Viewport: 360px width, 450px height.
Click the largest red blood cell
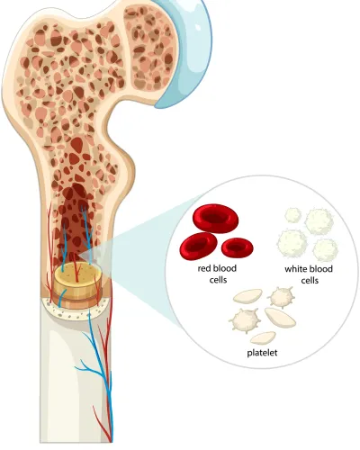pos(215,219)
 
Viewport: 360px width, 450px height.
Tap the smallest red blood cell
pos(237,247)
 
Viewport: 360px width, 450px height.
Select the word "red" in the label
pos(203,268)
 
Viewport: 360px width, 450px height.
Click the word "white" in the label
pos(296,269)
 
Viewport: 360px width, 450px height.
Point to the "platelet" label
pos(262,353)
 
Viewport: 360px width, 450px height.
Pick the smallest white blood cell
pos(292,215)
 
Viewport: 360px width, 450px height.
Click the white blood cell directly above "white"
pos(292,244)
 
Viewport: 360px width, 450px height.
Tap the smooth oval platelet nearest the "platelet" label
pos(263,337)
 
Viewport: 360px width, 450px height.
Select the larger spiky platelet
pos(245,320)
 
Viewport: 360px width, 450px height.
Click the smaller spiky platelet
pos(281,297)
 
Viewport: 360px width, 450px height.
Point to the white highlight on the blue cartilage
pos(197,26)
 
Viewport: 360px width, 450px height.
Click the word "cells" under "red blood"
pos(218,280)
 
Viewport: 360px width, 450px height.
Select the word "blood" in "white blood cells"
pos(321,269)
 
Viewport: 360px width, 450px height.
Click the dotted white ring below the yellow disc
pos(75,310)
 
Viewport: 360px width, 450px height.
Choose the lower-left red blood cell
pos(198,247)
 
